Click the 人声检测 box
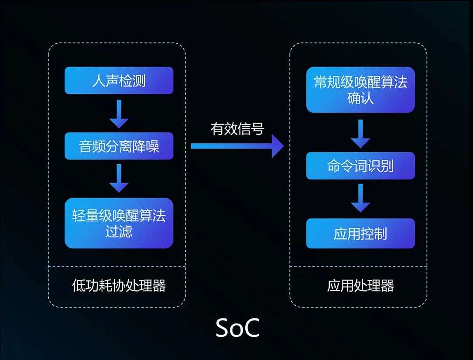pyautogui.click(x=119, y=81)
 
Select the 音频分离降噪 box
pyautogui.click(x=119, y=146)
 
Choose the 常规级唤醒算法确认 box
pyautogui.click(x=360, y=90)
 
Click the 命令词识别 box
pyautogui.click(x=360, y=166)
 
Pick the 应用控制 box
pyautogui.click(x=360, y=233)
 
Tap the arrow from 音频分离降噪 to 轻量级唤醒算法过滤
pyautogui.click(x=119, y=178)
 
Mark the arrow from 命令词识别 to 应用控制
pyautogui.click(x=360, y=198)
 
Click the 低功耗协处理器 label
pyautogui.click(x=119, y=286)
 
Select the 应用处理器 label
pyautogui.click(x=360, y=286)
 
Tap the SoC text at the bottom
pyautogui.click(x=237, y=328)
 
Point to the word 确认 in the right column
pyautogui.click(x=360, y=98)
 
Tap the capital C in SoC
pyautogui.click(x=251, y=328)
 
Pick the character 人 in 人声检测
pyautogui.click(x=99, y=81)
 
